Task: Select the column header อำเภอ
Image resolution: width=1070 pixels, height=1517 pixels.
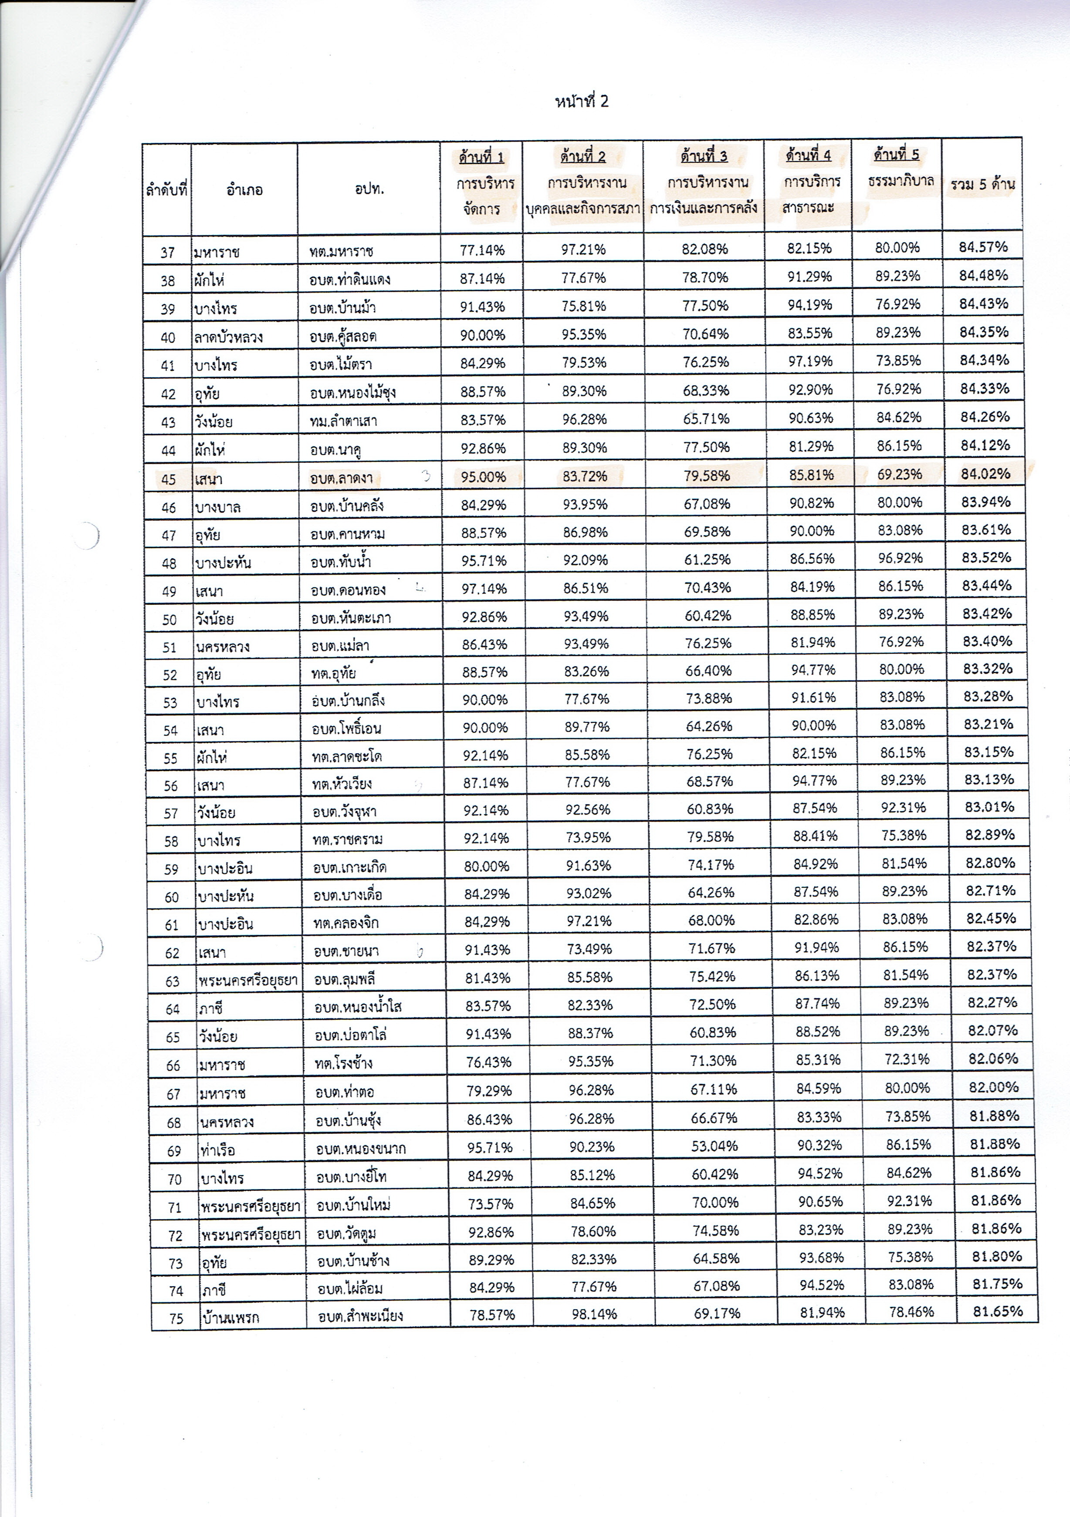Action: click(244, 190)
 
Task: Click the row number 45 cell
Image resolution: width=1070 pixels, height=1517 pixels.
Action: click(169, 479)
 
